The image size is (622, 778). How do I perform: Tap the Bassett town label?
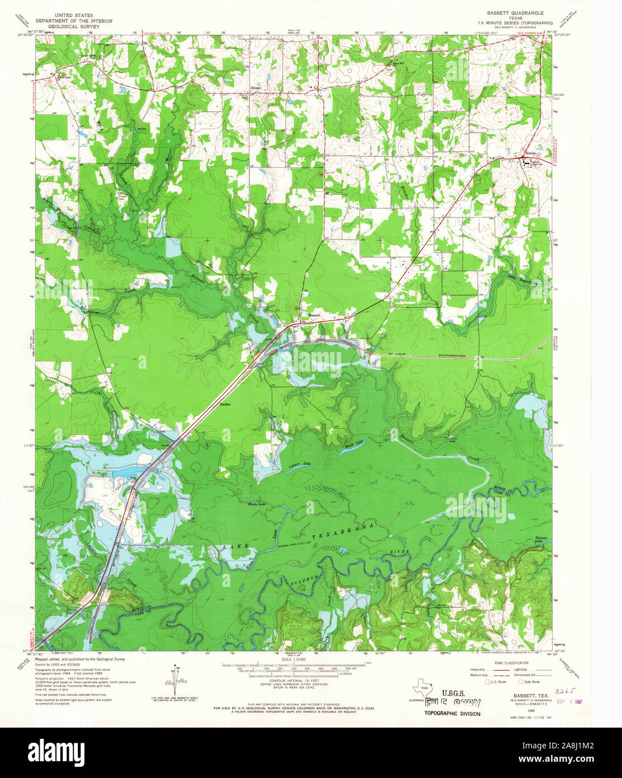point(315,315)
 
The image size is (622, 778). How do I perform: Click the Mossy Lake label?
point(256,504)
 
